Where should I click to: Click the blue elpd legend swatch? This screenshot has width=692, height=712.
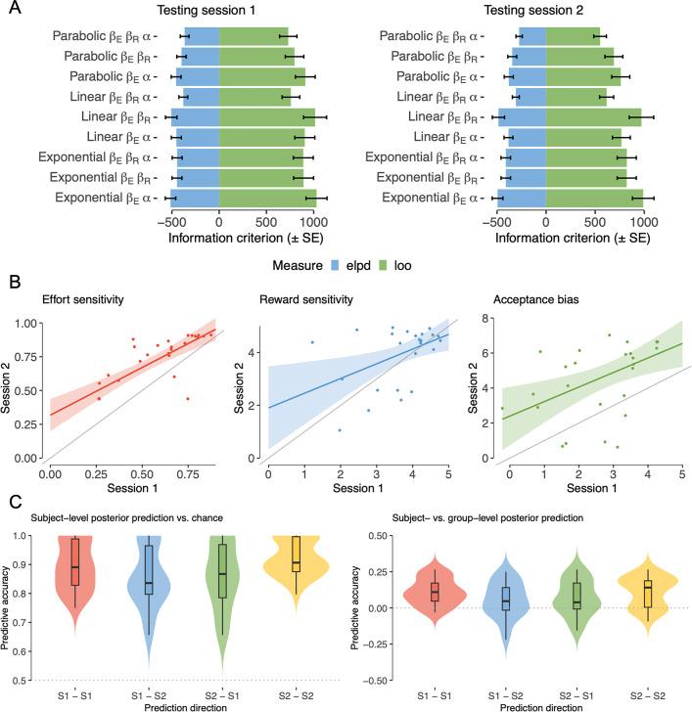(x=313, y=261)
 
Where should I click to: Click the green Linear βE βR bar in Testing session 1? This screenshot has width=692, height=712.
(x=265, y=117)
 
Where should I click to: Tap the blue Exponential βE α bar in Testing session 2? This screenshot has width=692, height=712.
(x=519, y=199)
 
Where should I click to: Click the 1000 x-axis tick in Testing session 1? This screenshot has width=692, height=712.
(x=314, y=223)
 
